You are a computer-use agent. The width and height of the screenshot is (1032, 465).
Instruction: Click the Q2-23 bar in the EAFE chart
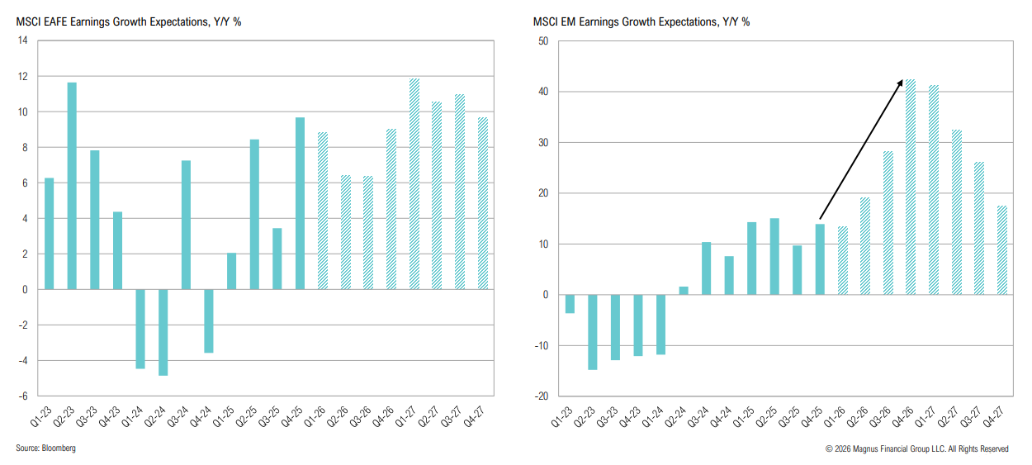point(73,186)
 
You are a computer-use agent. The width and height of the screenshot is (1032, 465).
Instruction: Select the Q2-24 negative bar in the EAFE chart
point(163,332)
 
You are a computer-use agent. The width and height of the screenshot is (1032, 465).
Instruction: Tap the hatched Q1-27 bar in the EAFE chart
point(414,183)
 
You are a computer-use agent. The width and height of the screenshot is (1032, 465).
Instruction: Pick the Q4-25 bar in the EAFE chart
point(301,203)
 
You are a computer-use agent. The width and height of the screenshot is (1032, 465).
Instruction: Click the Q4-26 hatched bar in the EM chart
point(911,187)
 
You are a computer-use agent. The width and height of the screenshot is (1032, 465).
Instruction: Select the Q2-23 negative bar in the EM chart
point(592,332)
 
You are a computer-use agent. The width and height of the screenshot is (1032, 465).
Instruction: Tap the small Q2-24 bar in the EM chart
point(683,291)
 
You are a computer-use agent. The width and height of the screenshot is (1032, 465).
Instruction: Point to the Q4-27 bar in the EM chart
point(1001,250)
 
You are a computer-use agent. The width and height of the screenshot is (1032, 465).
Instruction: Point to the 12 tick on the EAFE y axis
point(23,77)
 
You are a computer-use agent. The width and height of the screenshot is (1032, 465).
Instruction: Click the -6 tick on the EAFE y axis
point(22,396)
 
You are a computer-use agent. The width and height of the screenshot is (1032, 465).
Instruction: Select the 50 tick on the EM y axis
point(542,40)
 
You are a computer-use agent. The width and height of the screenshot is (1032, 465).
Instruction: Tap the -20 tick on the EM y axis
point(541,396)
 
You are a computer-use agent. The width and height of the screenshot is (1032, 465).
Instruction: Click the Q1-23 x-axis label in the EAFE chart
point(46,417)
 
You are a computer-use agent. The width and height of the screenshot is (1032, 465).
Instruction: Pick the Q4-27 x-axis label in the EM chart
point(998,417)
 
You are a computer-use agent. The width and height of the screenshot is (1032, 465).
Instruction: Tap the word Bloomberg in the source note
point(61,448)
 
